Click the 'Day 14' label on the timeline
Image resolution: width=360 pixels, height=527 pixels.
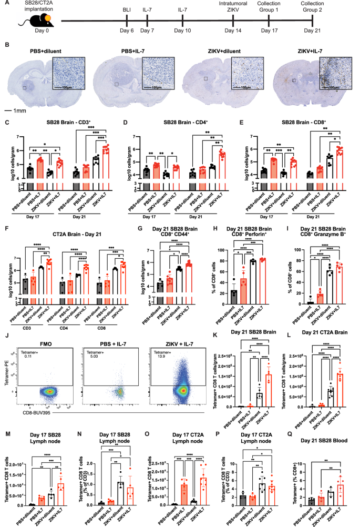232,33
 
